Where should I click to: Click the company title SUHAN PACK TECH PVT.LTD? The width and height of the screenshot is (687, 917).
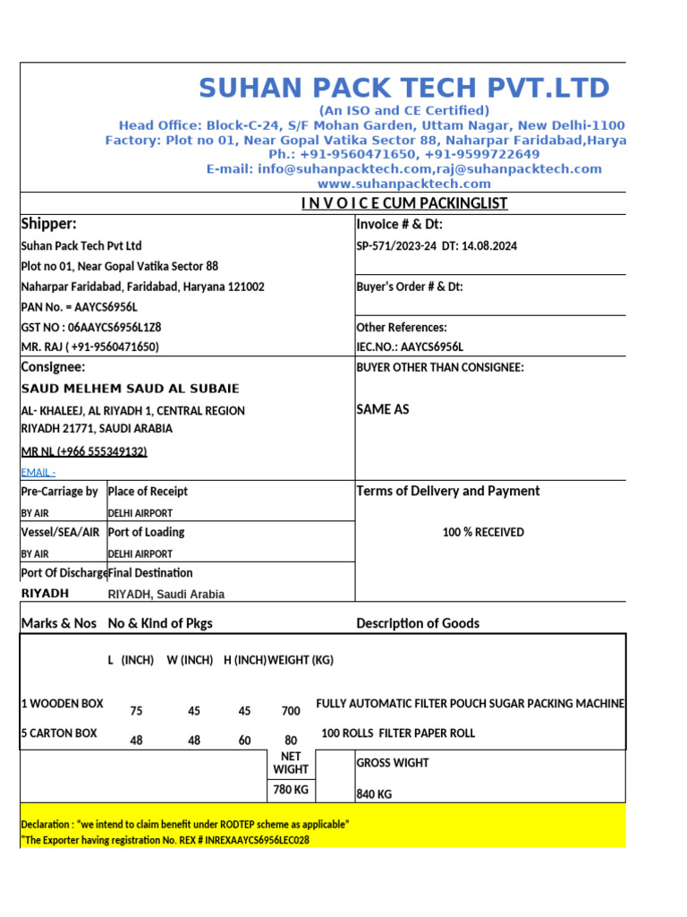click(403, 88)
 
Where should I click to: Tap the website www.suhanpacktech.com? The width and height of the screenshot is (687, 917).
click(403, 184)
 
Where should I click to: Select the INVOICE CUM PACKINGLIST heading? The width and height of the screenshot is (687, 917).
click(403, 203)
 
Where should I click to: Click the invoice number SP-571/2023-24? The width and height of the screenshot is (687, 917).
click(396, 246)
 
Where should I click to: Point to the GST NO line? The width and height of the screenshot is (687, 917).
click(90, 327)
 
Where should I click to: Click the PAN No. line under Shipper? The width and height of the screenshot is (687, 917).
click(79, 307)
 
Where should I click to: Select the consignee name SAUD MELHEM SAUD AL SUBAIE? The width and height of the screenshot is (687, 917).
click(130, 389)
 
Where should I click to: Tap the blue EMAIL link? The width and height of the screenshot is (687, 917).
click(38, 472)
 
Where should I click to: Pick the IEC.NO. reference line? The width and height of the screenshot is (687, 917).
click(410, 347)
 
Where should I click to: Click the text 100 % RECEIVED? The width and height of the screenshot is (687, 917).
click(483, 533)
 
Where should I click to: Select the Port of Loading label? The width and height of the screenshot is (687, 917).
click(146, 532)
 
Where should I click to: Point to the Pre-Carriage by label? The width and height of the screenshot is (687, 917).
click(59, 492)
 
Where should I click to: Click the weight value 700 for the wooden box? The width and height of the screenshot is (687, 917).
click(291, 711)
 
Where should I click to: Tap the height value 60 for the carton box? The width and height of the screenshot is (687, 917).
click(244, 741)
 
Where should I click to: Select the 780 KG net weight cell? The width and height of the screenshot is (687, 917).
click(291, 791)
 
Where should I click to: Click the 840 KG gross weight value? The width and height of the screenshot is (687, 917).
click(374, 794)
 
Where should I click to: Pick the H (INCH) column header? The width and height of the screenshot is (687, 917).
click(244, 660)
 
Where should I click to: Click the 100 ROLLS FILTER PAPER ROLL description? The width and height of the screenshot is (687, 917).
click(398, 733)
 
